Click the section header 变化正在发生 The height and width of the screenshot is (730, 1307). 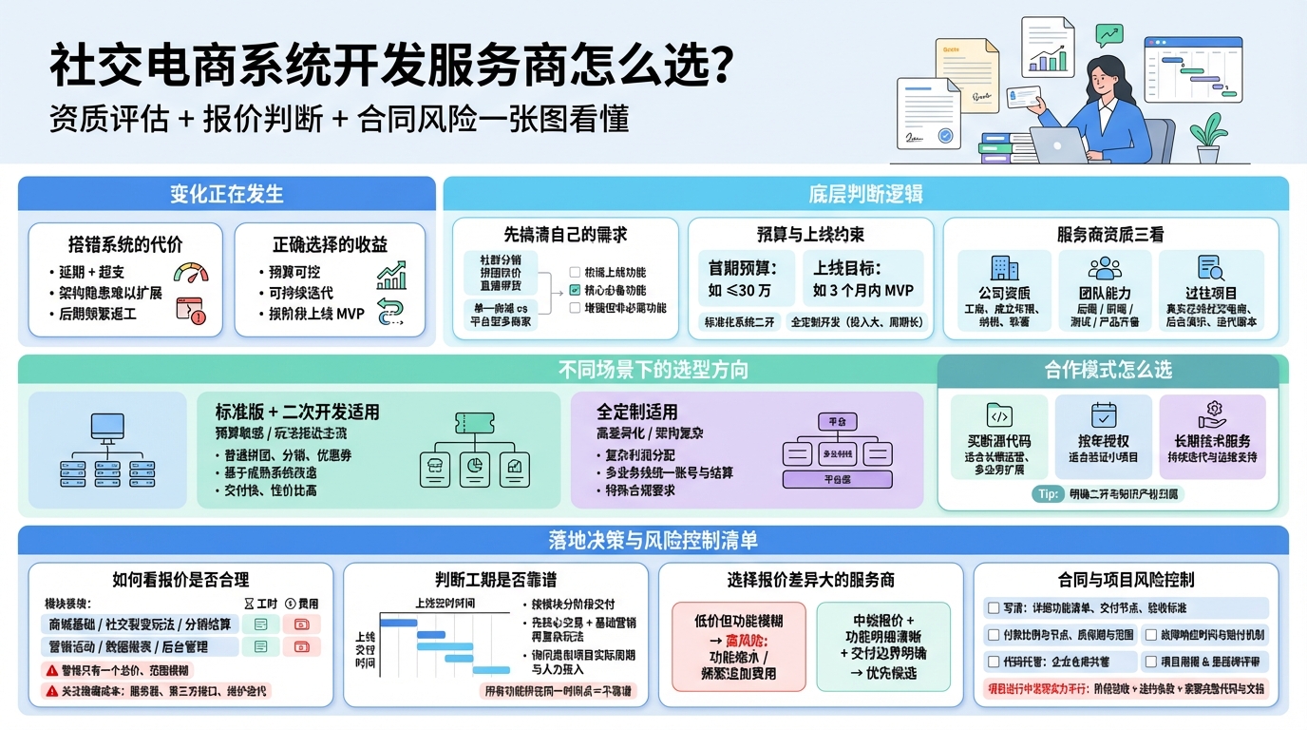point(226,194)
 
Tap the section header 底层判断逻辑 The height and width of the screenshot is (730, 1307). point(865,194)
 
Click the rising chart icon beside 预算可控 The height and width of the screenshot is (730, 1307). point(391,275)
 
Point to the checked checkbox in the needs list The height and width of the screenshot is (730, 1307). point(575,290)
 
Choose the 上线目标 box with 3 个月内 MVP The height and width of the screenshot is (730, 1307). point(863,278)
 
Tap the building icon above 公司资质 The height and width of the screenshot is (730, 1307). point(1004,268)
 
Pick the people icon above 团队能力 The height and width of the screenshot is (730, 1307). point(1105,268)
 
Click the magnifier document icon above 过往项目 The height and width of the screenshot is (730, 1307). point(1211,268)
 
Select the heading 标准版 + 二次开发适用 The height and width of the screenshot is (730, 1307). point(297,412)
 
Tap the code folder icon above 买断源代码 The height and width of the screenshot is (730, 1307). point(999,415)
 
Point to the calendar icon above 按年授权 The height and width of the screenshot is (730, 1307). point(1104,415)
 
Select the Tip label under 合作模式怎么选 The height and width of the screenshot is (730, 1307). point(1047,494)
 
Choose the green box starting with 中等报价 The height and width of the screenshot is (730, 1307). point(883,645)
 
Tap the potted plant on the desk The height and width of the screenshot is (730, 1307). point(1208,139)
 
